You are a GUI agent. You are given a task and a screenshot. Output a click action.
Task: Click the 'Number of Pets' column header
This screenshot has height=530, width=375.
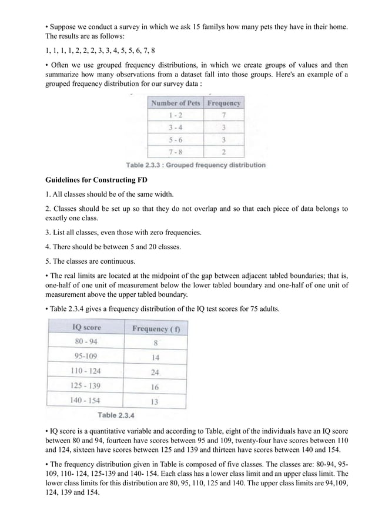[175, 103]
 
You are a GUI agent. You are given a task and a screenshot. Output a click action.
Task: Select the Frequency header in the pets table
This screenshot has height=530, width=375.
[224, 103]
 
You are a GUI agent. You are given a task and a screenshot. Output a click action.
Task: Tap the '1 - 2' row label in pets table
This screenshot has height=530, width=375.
[176, 115]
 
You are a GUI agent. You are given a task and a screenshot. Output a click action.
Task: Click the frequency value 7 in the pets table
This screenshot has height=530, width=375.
[224, 115]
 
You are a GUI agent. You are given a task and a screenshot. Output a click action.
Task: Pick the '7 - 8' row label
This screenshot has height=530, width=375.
[176, 152]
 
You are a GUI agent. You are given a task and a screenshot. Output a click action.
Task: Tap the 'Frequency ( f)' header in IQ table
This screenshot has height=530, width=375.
[154, 327]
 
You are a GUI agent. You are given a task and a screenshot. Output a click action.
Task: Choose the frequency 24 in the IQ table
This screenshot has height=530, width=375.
[155, 372]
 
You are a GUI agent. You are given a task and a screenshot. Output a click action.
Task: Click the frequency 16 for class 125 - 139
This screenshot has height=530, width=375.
[155, 387]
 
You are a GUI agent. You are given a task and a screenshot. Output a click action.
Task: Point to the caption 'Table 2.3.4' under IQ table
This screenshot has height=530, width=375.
[116, 415]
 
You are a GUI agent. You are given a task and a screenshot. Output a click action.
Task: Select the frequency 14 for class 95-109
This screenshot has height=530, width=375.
[155, 356]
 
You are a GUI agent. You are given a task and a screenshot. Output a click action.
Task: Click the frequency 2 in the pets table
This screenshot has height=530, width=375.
[224, 152]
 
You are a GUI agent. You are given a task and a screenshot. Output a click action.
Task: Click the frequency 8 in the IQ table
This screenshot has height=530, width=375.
[155, 341]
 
